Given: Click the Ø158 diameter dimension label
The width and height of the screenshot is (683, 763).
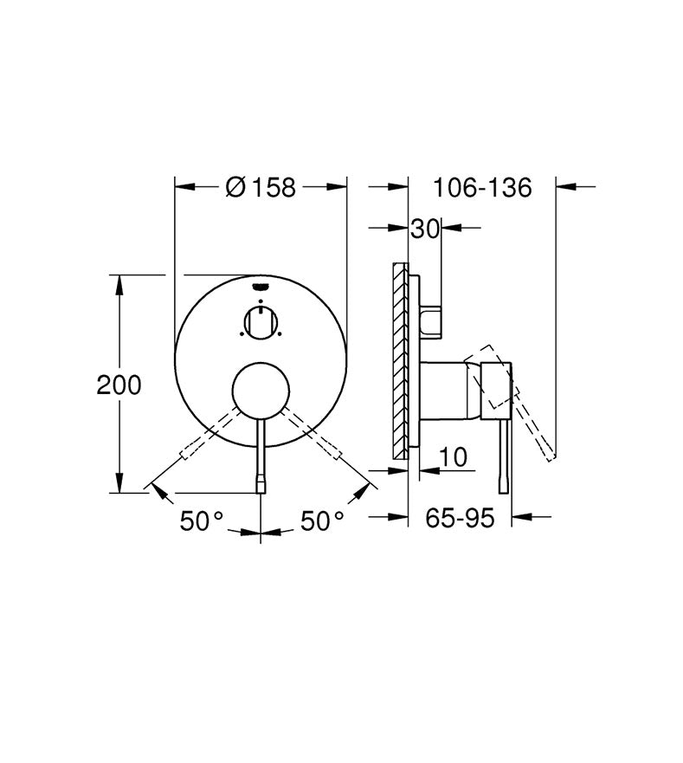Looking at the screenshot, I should (261, 186).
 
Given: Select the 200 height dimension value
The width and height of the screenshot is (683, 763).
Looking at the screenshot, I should (119, 385).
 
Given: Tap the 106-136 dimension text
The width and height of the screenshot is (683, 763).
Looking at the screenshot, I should (482, 186).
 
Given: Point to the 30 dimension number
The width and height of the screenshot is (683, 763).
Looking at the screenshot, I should (424, 229).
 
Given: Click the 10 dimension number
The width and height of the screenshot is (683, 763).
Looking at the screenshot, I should (452, 456).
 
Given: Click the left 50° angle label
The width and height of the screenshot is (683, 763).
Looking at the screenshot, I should (202, 521).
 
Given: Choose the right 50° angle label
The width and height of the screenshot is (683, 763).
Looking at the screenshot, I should (322, 521).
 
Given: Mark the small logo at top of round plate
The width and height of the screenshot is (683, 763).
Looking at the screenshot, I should (261, 287).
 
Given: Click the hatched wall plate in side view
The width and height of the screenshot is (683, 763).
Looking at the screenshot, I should (400, 359).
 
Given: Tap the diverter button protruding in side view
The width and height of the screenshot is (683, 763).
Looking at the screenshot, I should (432, 321).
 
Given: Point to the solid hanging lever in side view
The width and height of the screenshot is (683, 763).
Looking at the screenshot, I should (502, 459).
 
